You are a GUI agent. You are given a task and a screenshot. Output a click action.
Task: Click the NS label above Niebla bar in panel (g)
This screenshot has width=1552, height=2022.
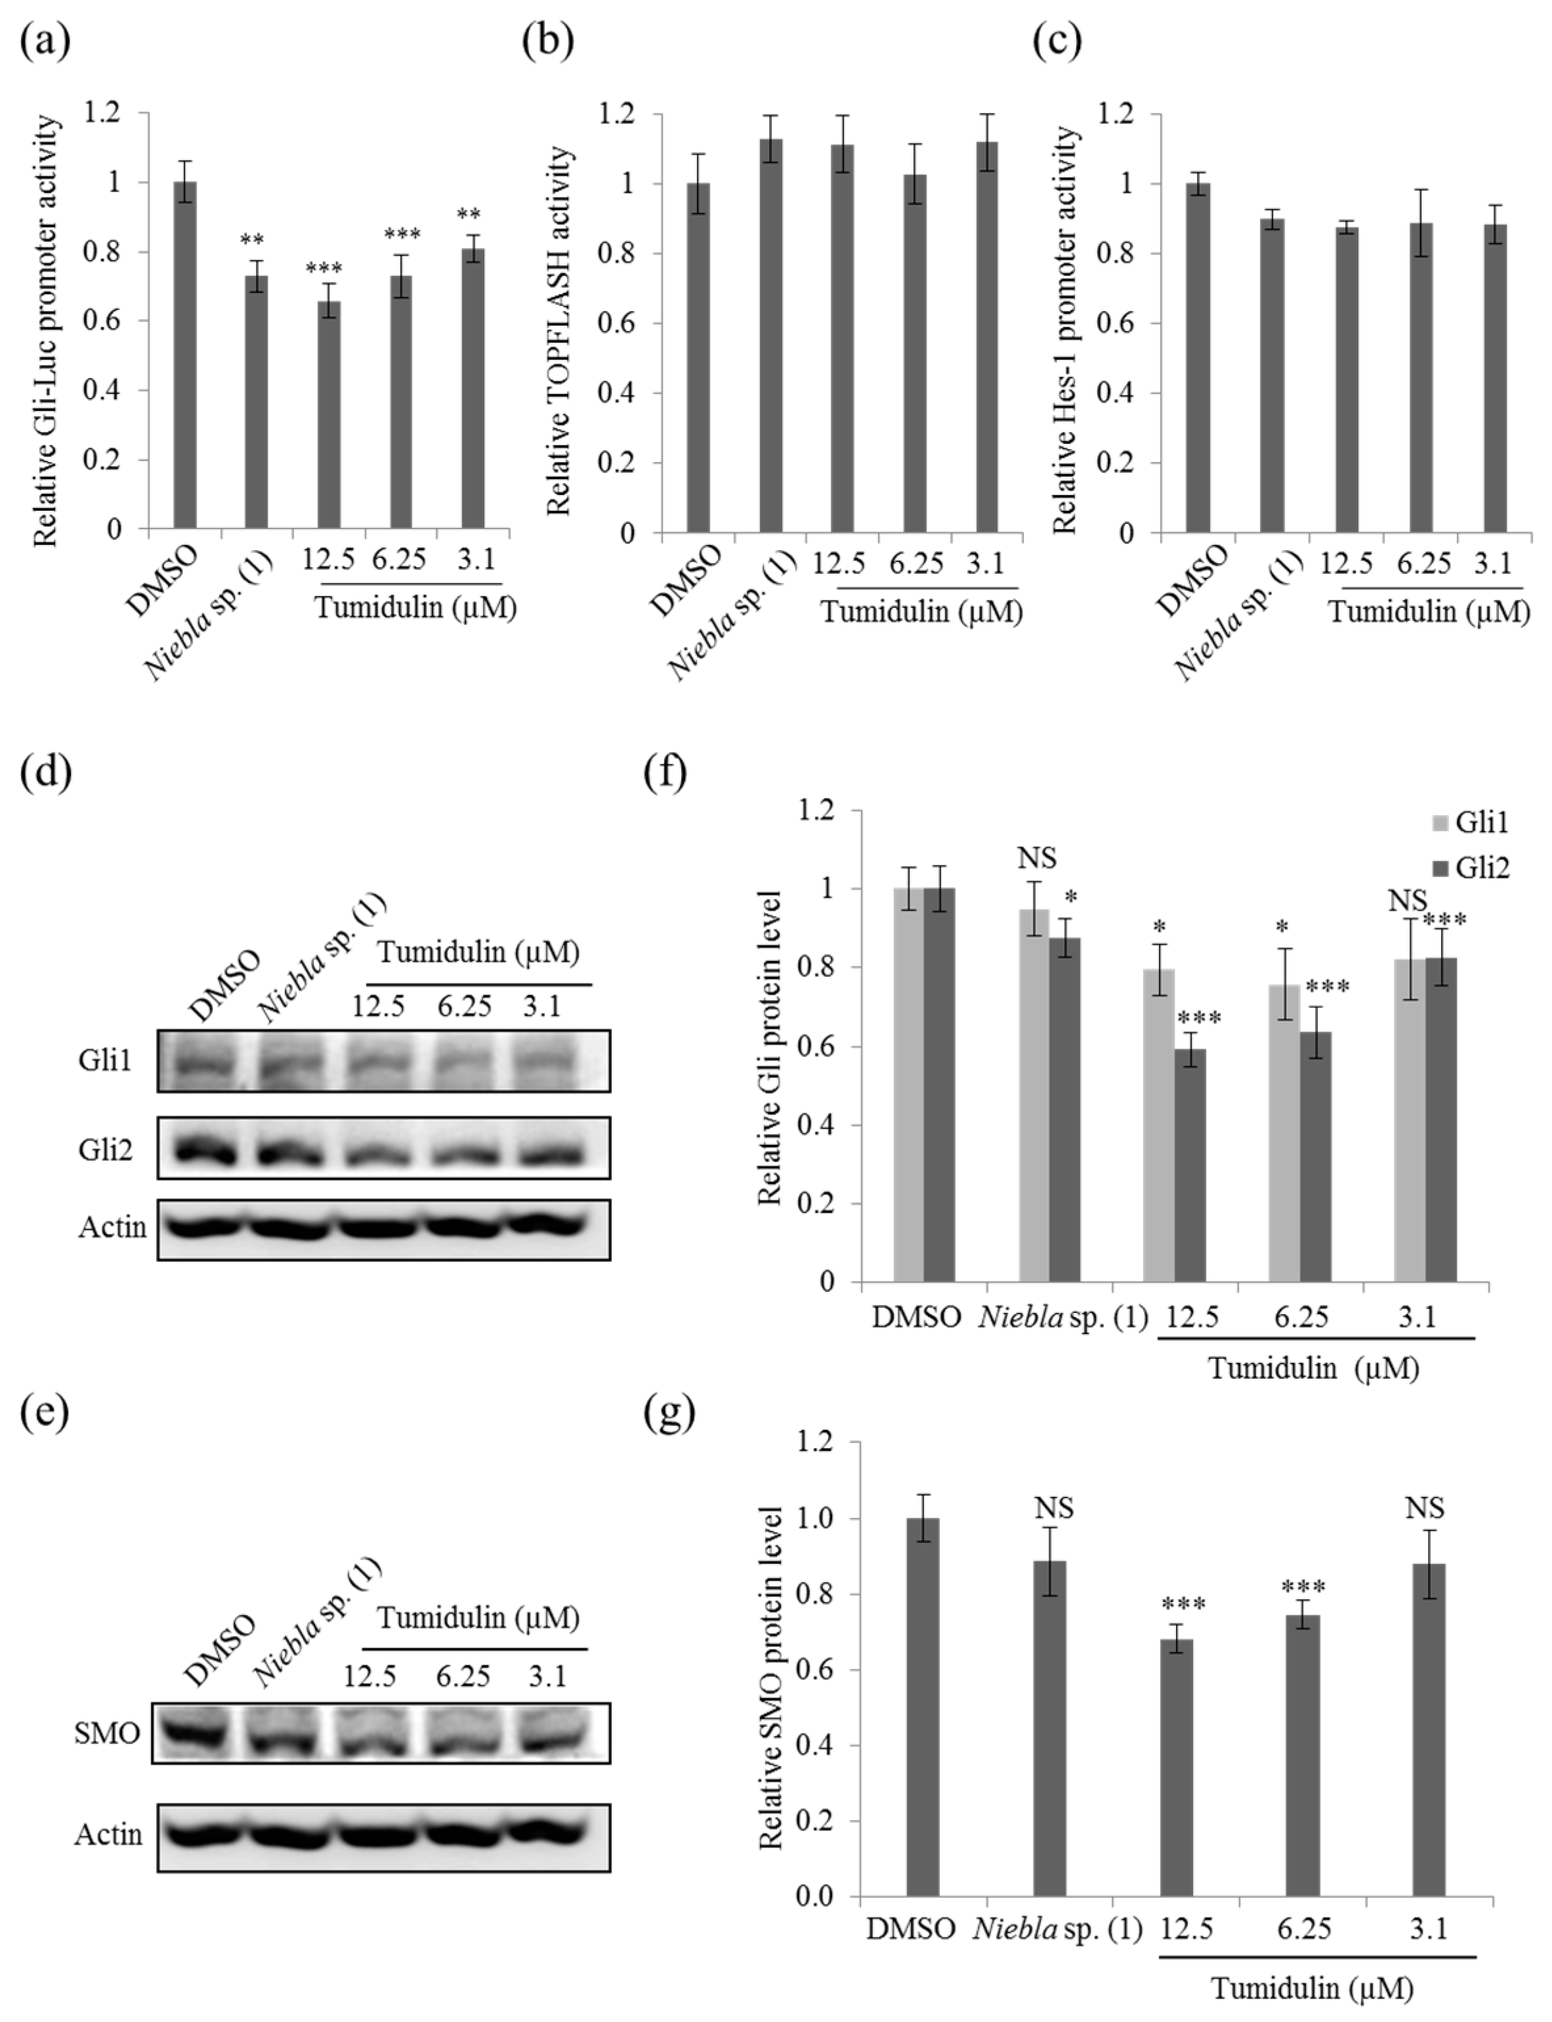point(1053,1508)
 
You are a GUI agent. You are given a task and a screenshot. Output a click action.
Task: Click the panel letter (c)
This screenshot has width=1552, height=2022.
point(1058,43)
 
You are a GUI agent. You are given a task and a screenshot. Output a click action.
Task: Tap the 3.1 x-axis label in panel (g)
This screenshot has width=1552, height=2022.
point(1427,1929)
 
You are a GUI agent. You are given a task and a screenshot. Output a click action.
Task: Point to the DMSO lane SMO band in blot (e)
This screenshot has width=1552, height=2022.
point(199,1730)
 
